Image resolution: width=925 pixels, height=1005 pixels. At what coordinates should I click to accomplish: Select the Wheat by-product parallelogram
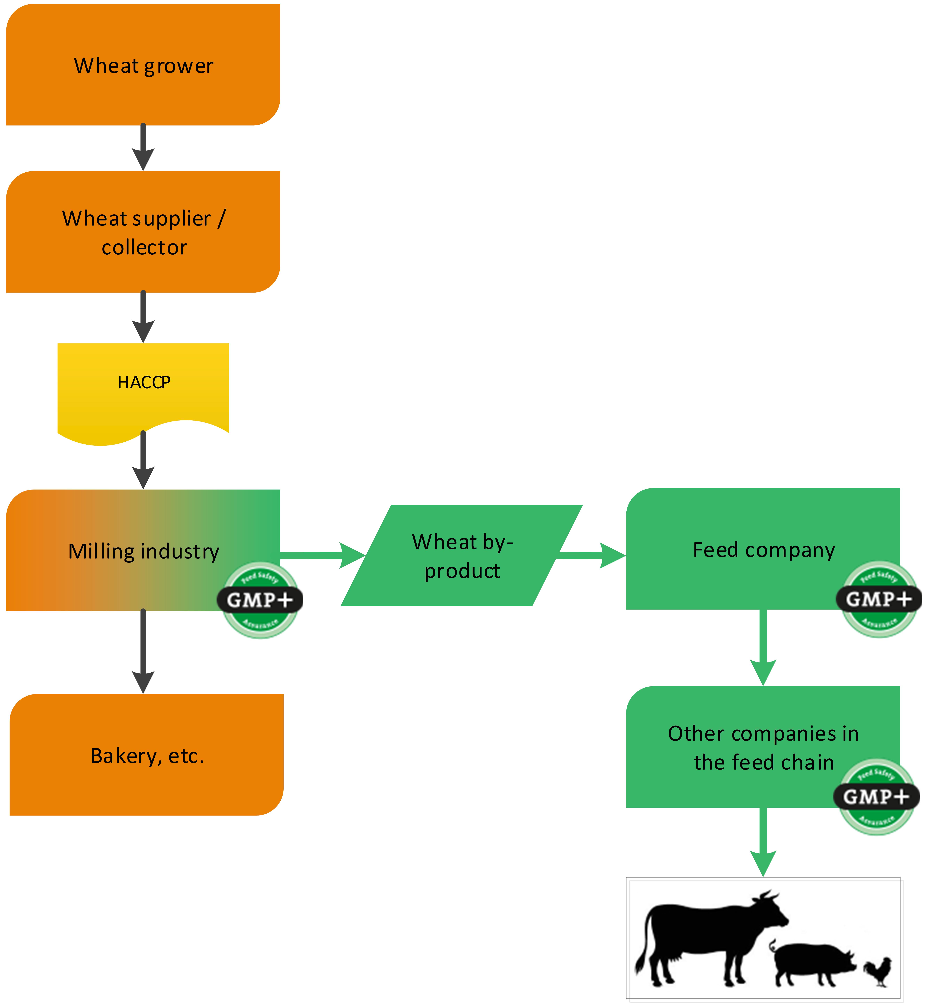(x=462, y=556)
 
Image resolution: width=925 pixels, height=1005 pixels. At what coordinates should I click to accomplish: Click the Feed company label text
(x=763, y=550)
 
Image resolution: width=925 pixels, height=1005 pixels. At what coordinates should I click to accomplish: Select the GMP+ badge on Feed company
(x=879, y=599)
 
